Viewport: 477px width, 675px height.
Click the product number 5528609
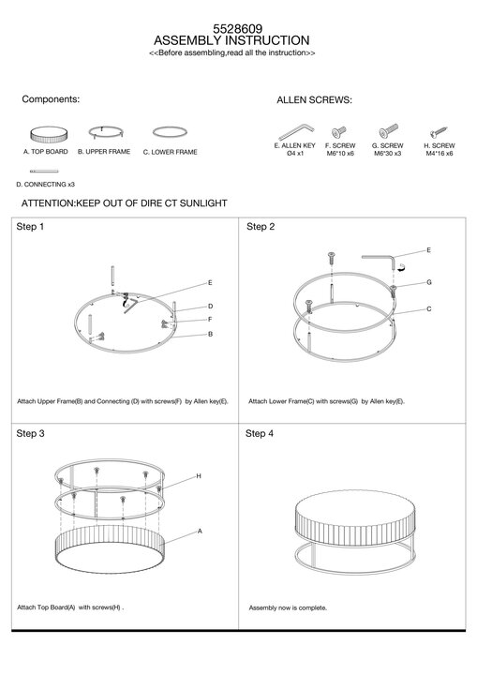click(238, 29)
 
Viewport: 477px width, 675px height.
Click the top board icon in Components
click(49, 135)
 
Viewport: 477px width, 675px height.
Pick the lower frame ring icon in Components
click(170, 132)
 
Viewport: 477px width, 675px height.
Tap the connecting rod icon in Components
click(44, 172)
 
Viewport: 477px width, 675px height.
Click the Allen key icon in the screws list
click(296, 132)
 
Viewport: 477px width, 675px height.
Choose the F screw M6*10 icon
click(339, 132)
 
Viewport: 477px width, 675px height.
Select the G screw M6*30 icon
click(389, 131)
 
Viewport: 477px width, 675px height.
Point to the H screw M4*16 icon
click(440, 132)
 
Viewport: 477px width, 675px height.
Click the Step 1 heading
click(30, 227)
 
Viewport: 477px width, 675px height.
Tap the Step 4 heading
click(260, 433)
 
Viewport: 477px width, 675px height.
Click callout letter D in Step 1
click(210, 307)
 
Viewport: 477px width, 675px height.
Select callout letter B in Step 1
click(210, 334)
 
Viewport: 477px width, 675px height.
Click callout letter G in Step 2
click(429, 282)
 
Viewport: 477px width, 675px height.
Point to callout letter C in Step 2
click(429, 309)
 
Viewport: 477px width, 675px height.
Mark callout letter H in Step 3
click(199, 476)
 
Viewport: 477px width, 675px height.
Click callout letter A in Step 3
click(200, 532)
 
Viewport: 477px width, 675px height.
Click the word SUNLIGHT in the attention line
click(203, 203)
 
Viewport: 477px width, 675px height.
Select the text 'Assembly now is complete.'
click(288, 607)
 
